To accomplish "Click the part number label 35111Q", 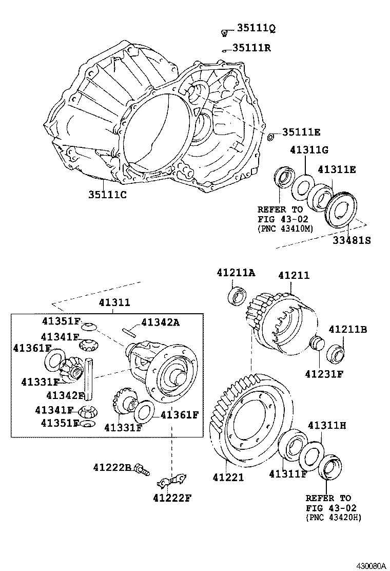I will pos(256,29).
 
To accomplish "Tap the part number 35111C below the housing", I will pos(107,195).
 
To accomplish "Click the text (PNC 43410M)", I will pos(284,229).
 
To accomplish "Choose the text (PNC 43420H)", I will pos(333,518).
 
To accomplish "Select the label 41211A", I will pos(235,273).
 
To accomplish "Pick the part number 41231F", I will pos(325,374).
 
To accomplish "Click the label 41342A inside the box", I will pos(160,322).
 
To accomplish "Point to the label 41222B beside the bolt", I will pos(112,467).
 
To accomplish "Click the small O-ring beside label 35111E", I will pos(271,137).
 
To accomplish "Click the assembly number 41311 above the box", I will pos(114,303).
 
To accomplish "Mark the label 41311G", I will pos(308,150).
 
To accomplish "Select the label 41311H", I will pos(327,425).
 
